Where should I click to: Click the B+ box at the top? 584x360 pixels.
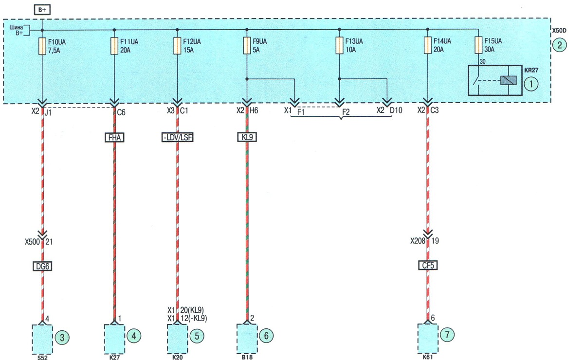42,10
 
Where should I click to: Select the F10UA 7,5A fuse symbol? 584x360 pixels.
42,46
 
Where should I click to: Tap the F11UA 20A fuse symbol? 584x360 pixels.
114,46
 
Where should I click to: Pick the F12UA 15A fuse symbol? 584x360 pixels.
177,46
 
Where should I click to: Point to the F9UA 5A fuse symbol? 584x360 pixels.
247,46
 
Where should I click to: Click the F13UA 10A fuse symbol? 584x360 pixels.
340,45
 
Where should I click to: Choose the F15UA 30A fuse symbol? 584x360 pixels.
478,45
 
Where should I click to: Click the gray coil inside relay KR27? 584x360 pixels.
509,80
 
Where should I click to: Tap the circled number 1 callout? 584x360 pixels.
531,84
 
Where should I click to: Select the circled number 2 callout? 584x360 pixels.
560,45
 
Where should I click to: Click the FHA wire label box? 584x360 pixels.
114,137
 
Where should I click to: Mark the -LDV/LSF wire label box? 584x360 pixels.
177,137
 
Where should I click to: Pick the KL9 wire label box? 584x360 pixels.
247,137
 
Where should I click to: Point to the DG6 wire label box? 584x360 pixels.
42,266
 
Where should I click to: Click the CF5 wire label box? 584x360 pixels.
428,265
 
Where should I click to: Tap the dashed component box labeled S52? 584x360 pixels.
42,339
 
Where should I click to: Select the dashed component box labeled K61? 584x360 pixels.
428,338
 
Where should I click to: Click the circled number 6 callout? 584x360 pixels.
266,336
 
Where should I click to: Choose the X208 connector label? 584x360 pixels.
418,241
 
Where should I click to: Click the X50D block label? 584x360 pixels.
560,31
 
